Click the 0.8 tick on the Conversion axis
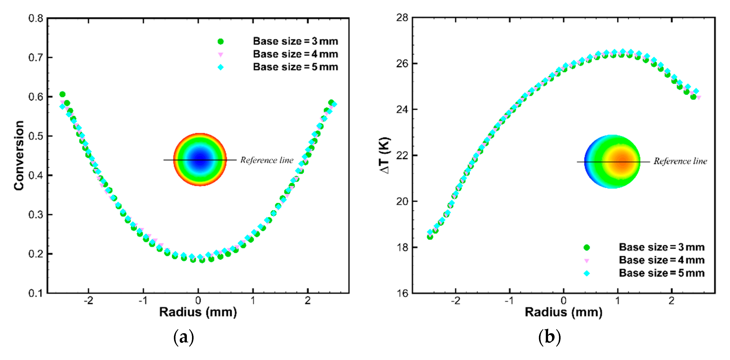36,19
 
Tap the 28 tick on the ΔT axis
402,18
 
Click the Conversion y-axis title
19,155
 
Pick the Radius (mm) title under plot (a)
198,312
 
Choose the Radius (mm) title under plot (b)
563,312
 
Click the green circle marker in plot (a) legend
220,42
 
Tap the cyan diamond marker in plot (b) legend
587,273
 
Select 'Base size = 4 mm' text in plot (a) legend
295,54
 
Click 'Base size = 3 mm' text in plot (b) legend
661,247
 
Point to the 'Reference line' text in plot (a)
267,160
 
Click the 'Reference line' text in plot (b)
680,161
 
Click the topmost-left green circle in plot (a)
62,94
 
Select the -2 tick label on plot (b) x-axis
455,301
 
